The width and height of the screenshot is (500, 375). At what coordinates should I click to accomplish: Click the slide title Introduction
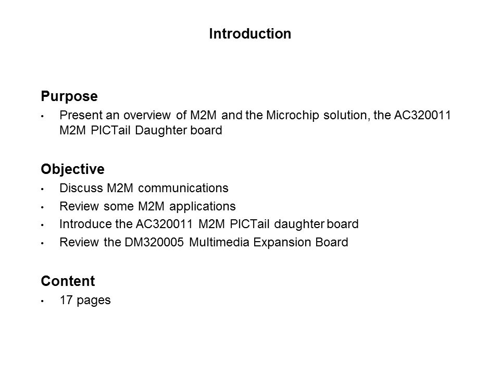coord(250,33)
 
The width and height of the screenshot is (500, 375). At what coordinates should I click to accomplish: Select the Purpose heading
coord(69,96)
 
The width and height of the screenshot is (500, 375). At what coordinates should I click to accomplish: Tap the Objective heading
coord(73,169)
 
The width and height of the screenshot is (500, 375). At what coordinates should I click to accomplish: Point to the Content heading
coord(68,281)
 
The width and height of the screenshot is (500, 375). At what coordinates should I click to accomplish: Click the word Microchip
coord(292,116)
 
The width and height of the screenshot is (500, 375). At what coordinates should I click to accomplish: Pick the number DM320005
coord(154,242)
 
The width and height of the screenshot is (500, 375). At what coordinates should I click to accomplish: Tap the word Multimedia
coord(219,242)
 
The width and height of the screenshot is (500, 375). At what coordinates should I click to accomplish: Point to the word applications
coord(203,207)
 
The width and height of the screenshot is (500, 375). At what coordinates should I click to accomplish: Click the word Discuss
coord(81,188)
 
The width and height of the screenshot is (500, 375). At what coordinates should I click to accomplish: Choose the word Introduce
coord(86,224)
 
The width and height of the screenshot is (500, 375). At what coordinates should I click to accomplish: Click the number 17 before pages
coord(66,300)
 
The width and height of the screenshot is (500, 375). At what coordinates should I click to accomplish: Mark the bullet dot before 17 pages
coord(42,301)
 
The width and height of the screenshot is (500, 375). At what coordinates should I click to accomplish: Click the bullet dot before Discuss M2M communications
coord(42,189)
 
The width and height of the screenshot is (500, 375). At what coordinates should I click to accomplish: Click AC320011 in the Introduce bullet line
coord(164,224)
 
